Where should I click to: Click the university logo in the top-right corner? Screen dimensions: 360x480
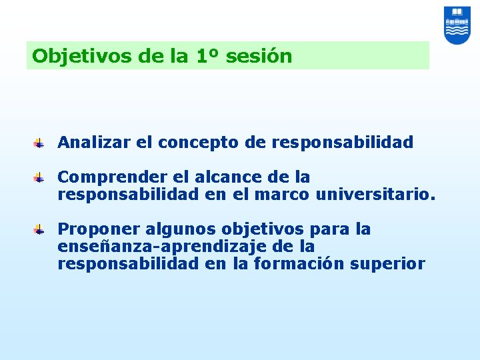[x=457, y=25]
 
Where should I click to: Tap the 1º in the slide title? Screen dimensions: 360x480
[x=208, y=56]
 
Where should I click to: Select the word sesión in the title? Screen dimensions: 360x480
[x=259, y=56]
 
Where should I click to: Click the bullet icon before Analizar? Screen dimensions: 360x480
[x=40, y=143]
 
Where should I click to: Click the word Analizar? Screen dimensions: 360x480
[x=90, y=143]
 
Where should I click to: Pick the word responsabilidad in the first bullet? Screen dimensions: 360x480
[x=343, y=143]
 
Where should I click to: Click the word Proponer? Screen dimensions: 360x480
[x=93, y=230]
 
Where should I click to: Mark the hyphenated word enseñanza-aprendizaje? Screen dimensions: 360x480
[x=158, y=247]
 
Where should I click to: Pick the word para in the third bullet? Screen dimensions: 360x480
[x=323, y=230]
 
